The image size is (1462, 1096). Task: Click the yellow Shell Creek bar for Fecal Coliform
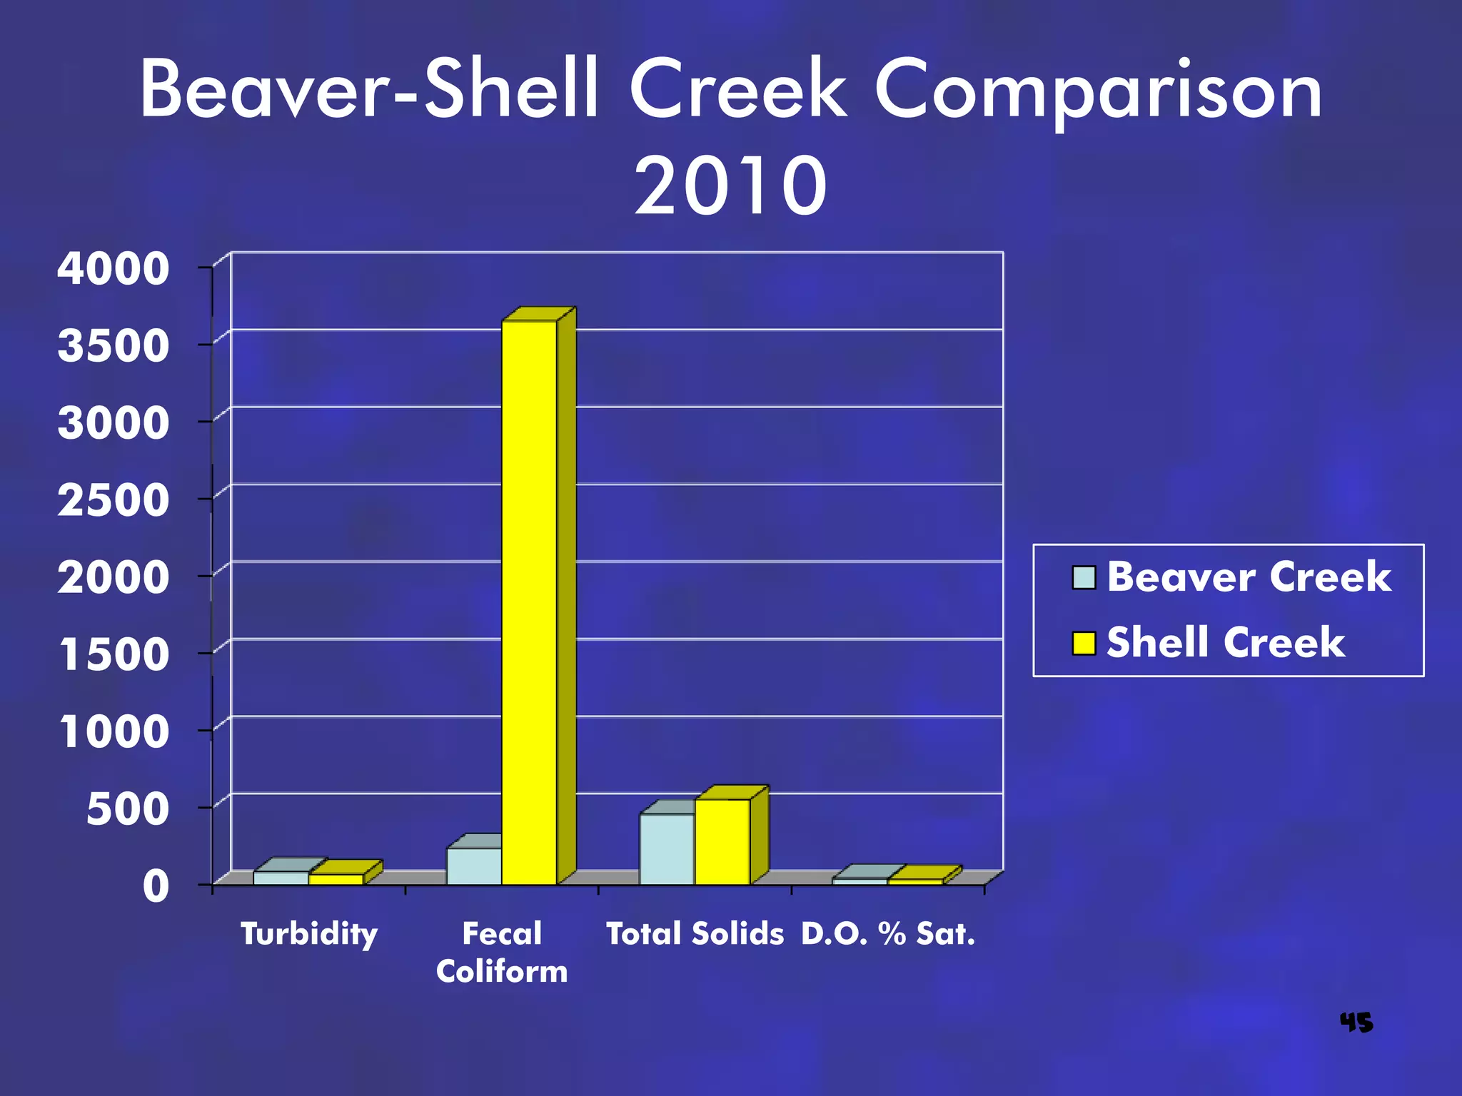tap(529, 602)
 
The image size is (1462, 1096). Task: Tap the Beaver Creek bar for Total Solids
tap(667, 848)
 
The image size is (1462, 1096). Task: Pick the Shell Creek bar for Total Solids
tap(722, 841)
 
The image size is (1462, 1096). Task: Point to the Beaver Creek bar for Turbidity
tap(281, 878)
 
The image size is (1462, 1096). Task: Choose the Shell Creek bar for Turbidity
tap(336, 879)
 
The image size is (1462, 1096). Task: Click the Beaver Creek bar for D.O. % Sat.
tap(859, 881)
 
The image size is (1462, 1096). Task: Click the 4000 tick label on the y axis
tap(114, 269)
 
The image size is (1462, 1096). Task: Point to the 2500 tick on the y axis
tap(114, 500)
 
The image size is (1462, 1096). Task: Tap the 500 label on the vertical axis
tap(128, 810)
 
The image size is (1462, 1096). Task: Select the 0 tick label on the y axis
tap(156, 887)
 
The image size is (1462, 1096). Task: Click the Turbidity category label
tap(309, 933)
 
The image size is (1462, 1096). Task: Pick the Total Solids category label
tap(695, 933)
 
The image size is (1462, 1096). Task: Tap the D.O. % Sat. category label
tap(888, 933)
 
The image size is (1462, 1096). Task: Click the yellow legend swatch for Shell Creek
tap(1084, 643)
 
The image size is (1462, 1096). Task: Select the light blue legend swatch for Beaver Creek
tap(1084, 577)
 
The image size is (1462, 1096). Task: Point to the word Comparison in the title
tap(1099, 91)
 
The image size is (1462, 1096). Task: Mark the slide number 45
tap(1356, 1023)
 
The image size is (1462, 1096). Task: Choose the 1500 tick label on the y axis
tap(114, 655)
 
